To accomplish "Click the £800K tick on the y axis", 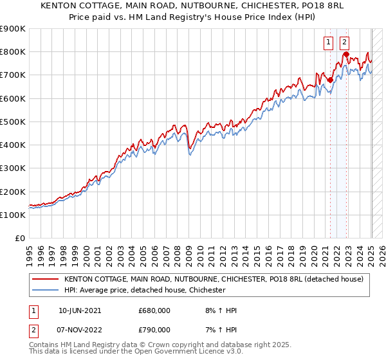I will click(x=13, y=52).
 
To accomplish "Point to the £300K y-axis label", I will click(x=13, y=168).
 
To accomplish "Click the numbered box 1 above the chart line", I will click(x=329, y=42).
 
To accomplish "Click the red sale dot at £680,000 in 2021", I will click(x=330, y=80).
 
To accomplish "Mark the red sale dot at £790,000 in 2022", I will click(x=346, y=55).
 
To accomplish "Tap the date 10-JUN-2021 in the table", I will click(x=80, y=310).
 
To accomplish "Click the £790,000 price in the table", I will click(x=154, y=329).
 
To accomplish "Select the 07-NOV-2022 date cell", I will click(x=80, y=329).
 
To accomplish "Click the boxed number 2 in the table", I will click(x=33, y=329).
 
